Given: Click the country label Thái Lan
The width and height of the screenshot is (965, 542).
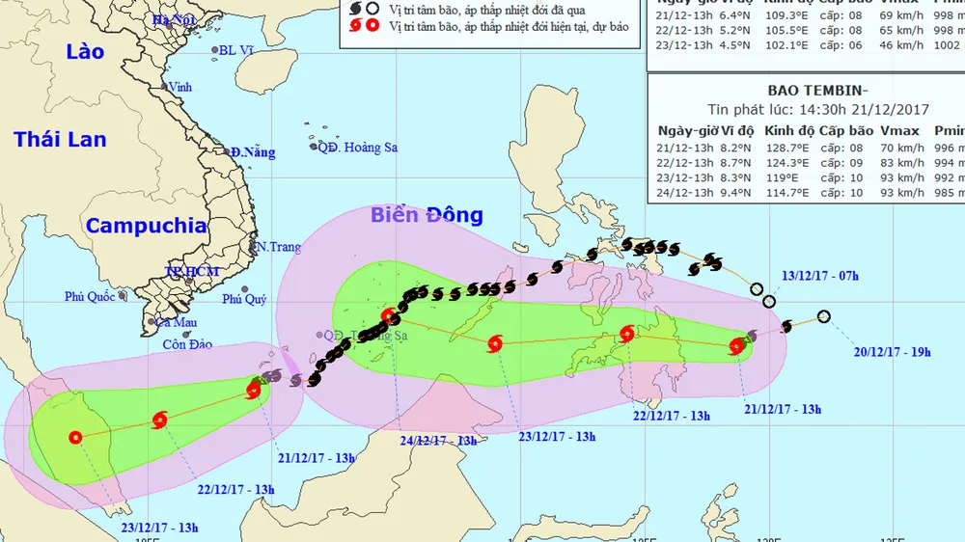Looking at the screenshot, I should [60, 140].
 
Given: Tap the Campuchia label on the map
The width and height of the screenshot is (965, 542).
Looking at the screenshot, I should [146, 226].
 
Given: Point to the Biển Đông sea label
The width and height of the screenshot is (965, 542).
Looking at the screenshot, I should [427, 214].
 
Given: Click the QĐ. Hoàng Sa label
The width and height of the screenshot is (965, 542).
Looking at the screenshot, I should [359, 147].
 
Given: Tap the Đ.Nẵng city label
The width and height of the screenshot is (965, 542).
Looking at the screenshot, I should [252, 152].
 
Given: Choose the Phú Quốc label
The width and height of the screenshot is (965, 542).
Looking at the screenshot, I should [90, 296].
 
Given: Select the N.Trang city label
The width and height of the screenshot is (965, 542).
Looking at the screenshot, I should [279, 247].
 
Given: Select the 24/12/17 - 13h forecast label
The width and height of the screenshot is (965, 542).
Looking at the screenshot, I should [438, 441].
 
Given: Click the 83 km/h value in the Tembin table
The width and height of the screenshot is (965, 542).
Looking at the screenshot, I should [902, 164].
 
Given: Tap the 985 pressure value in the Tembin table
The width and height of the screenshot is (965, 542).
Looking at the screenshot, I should [950, 194].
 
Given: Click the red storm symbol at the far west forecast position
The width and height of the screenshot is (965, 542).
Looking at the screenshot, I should [75, 437].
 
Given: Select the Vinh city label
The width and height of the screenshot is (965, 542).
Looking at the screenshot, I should [179, 87].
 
